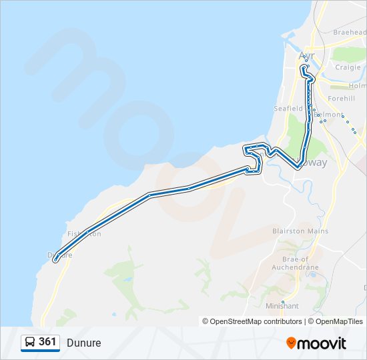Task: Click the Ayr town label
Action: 307,55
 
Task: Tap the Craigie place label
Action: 348,67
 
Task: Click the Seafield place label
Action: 288,108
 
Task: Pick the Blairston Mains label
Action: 300,231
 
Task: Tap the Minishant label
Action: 282,306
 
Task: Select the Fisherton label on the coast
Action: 84,233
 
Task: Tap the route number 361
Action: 47,342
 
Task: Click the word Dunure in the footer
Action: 84,343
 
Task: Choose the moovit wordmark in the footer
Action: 322,343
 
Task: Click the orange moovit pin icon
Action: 292,343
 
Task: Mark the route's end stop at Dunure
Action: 55,260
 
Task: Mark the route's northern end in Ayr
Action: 304,67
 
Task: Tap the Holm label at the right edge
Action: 358,86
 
